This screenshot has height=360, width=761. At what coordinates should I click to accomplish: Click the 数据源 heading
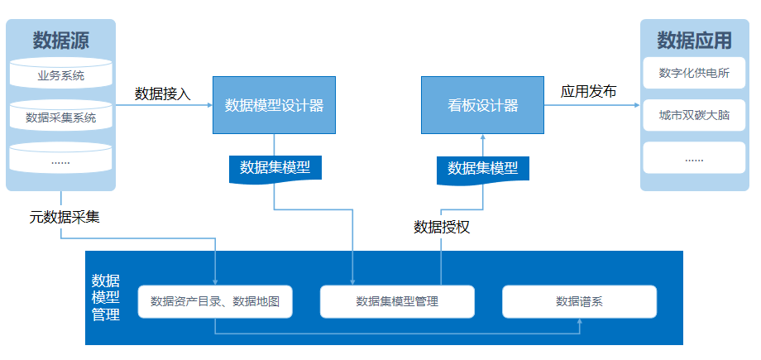click(60, 41)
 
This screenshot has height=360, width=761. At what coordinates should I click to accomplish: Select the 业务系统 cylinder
click(60, 74)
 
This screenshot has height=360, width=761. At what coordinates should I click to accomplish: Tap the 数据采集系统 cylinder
click(60, 116)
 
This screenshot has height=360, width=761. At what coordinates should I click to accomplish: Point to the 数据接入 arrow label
click(163, 94)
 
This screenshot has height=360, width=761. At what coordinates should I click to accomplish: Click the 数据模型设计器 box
click(275, 105)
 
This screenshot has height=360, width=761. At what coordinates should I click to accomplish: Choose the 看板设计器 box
click(482, 105)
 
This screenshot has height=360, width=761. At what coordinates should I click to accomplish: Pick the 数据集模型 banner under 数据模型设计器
click(275, 169)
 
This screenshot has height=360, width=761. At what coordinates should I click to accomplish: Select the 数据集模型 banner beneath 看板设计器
click(483, 170)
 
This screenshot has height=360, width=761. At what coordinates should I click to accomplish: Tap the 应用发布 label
click(588, 91)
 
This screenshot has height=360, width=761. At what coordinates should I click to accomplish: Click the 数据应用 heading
click(694, 41)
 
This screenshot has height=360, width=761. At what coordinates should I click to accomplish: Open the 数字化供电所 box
click(694, 73)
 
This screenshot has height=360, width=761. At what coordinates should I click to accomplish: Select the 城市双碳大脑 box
click(694, 115)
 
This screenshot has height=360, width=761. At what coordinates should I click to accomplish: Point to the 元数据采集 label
click(65, 217)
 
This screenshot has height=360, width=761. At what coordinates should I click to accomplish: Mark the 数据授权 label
click(442, 227)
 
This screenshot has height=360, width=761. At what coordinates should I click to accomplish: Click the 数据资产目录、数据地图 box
click(215, 302)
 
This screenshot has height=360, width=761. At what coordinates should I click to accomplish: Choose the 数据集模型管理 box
click(397, 302)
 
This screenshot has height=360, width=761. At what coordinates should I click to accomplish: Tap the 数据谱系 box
click(580, 302)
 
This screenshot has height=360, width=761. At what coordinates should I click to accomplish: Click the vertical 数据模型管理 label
click(106, 297)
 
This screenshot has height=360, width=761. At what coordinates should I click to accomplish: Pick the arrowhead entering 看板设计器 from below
click(483, 137)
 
